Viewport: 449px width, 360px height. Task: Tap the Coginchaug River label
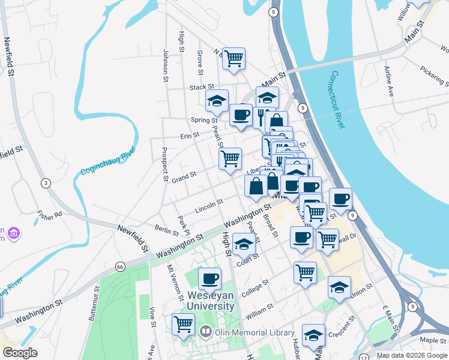[107, 163]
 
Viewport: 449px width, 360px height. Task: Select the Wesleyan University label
[210, 301]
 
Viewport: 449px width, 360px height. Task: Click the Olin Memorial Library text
[255, 332]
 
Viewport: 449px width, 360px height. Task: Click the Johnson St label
[165, 65]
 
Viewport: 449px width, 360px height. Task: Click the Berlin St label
[163, 230]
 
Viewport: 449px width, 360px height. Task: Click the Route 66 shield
[121, 266]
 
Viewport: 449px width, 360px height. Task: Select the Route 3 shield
[45, 182]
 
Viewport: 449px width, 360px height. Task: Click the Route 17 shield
[364, 357]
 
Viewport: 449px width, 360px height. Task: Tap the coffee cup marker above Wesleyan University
[209, 278]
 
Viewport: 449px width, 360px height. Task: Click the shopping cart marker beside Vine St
[183, 324]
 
